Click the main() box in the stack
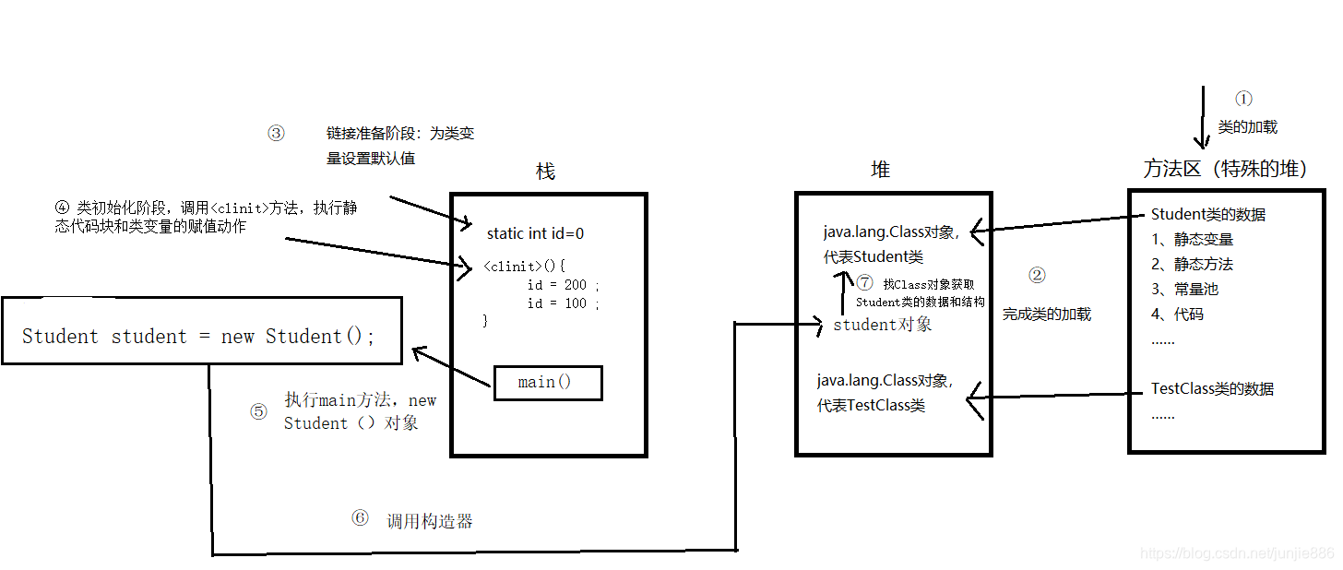pyautogui.click(x=548, y=383)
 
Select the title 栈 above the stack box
pyautogui.click(x=546, y=172)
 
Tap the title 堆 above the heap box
pyautogui.click(x=881, y=169)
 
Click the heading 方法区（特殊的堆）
pyautogui.click(x=1225, y=169)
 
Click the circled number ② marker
pyautogui.click(x=1037, y=275)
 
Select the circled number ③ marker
pyautogui.click(x=276, y=133)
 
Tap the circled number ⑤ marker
pyautogui.click(x=258, y=411)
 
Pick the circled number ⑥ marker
pyautogui.click(x=360, y=518)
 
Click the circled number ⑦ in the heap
pyautogui.click(x=863, y=283)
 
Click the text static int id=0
pyautogui.click(x=535, y=234)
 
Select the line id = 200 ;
pyautogui.click(x=563, y=285)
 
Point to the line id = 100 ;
pyautogui.click(x=563, y=303)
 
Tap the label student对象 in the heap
pyautogui.click(x=882, y=325)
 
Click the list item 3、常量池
pyautogui.click(x=1184, y=290)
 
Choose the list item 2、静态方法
pyautogui.click(x=1192, y=265)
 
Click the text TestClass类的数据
pyautogui.click(x=1212, y=389)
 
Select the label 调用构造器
pyautogui.click(x=429, y=521)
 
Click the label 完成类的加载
pyautogui.click(x=1047, y=315)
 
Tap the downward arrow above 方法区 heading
pyautogui.click(x=1202, y=117)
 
